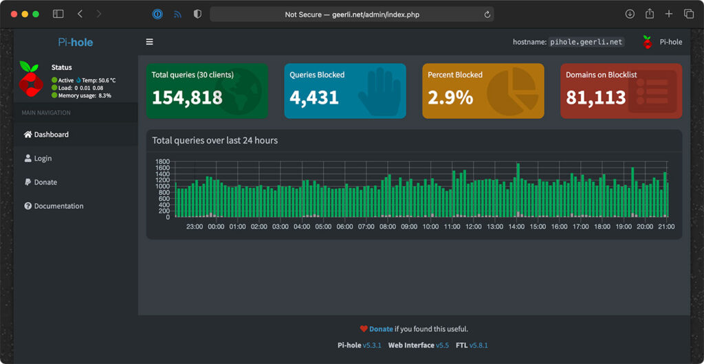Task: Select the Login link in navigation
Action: coord(43,159)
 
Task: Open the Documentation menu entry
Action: coord(58,206)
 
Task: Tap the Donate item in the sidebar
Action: coord(45,183)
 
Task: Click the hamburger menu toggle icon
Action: coord(149,42)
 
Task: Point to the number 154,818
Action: coord(187,98)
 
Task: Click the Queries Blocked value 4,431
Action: coord(314,98)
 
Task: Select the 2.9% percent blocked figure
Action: coord(450,98)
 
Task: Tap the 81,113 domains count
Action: coord(595,98)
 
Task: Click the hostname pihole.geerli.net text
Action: coord(586,42)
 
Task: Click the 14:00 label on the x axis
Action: coord(516,227)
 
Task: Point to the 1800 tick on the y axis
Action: coord(162,162)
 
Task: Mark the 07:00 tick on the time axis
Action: coord(366,227)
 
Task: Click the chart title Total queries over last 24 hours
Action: coord(214,140)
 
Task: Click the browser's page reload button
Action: coord(487,14)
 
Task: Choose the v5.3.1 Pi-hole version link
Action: coord(373,345)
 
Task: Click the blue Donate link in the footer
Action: coord(381,329)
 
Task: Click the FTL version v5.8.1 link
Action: coord(478,345)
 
